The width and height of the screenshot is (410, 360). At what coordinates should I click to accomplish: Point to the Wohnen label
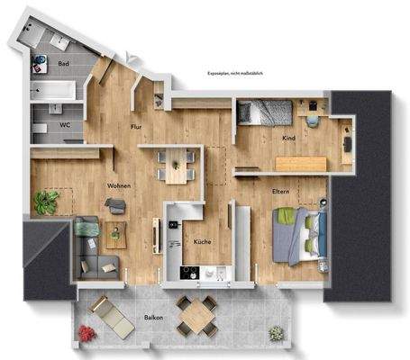pos(119,186)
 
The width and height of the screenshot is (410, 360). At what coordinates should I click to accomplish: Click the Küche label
pos(202,243)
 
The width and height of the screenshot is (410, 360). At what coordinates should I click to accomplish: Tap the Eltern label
pos(280,192)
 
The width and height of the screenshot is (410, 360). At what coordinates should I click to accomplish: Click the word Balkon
pos(152,318)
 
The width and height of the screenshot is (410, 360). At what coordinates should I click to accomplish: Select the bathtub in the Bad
pos(52,90)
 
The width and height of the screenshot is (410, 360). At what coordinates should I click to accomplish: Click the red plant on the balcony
pos(86,333)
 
